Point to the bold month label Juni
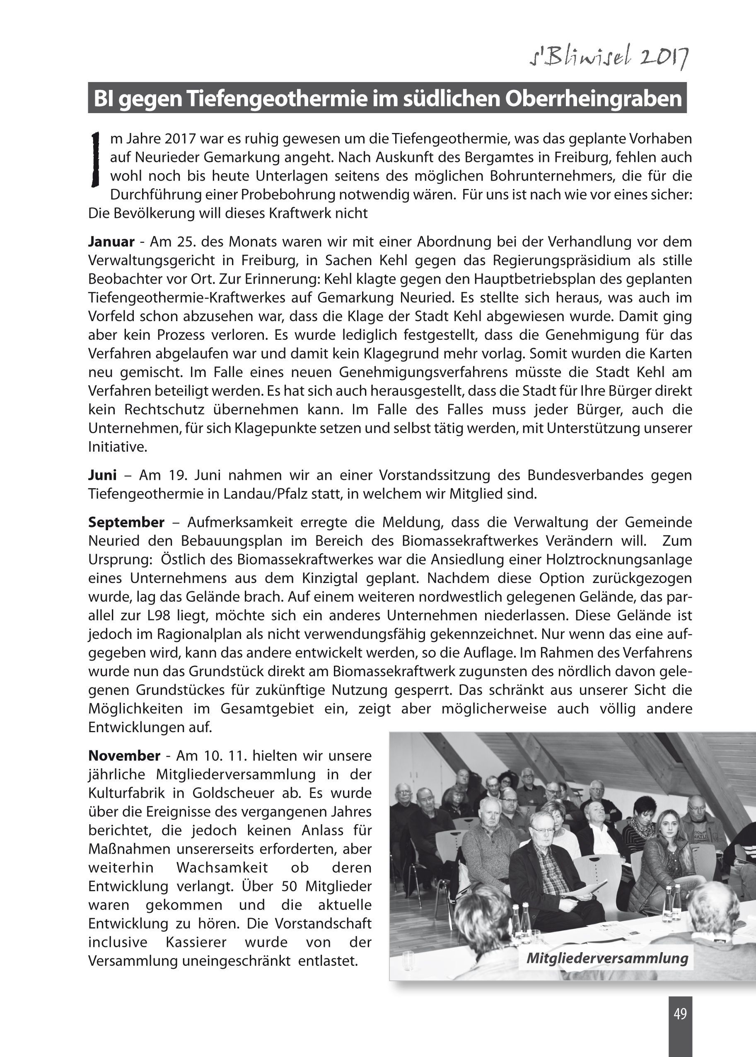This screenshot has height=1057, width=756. (102, 475)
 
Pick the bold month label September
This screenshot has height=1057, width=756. (126, 522)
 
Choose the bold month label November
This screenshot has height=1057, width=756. (124, 755)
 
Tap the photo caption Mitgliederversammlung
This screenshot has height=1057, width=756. (607, 958)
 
